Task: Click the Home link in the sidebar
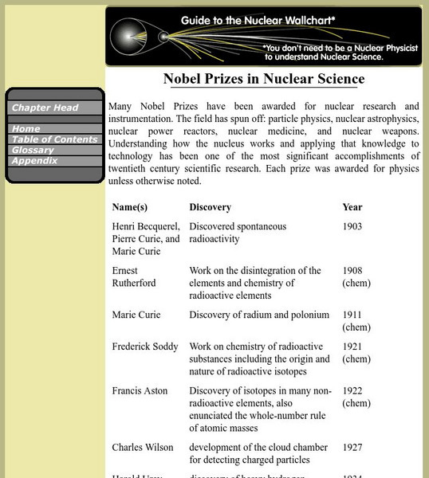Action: pyautogui.click(x=27, y=128)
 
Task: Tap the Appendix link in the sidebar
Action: pyautogui.click(x=34, y=160)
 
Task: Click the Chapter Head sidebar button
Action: pyautogui.click(x=45, y=108)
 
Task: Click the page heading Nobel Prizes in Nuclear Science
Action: pyautogui.click(x=264, y=79)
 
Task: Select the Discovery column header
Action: pyautogui.click(x=210, y=207)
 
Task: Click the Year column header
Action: pyautogui.click(x=352, y=207)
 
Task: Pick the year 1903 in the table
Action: pyautogui.click(x=352, y=227)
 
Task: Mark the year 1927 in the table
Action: pyautogui.click(x=352, y=447)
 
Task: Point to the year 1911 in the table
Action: pyautogui.click(x=352, y=315)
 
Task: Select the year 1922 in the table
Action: pyautogui.click(x=352, y=390)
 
